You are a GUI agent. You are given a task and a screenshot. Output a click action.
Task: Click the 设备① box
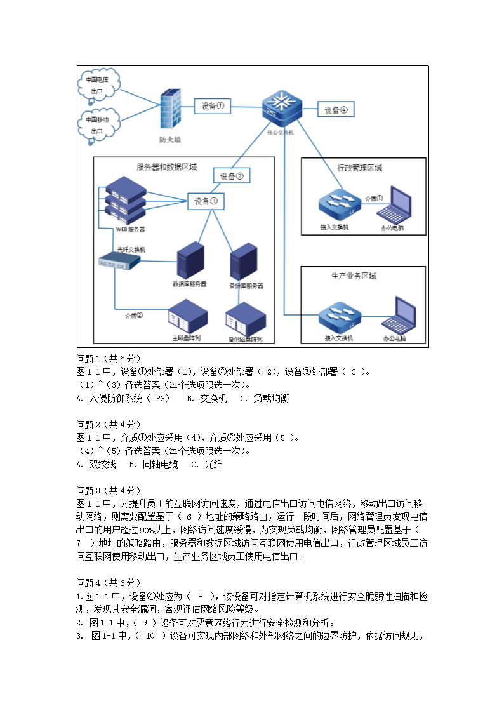[x=212, y=106]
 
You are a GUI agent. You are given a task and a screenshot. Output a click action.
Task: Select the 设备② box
[x=231, y=176]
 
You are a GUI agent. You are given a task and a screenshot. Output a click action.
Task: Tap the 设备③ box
[x=206, y=201]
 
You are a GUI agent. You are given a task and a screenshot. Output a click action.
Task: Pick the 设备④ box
[x=336, y=110]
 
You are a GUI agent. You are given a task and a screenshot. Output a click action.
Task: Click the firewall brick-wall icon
[x=170, y=110]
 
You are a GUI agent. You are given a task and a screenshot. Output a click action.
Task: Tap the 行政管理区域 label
[x=359, y=168]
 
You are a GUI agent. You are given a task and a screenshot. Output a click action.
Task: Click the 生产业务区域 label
[x=354, y=276]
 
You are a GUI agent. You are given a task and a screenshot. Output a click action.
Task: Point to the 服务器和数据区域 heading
[x=167, y=168]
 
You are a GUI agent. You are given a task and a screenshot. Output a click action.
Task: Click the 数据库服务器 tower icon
[x=190, y=260]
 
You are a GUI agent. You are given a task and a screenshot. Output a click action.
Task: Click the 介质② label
[x=134, y=315]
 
